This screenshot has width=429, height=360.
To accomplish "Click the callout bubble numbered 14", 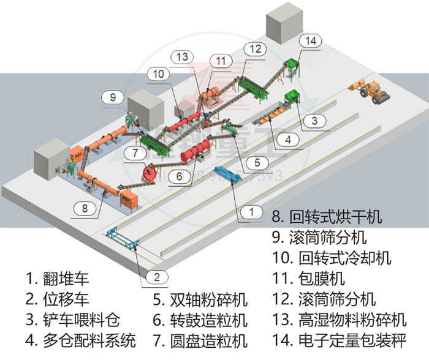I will pos(311,41).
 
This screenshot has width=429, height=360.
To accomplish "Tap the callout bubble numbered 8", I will pos(85,209).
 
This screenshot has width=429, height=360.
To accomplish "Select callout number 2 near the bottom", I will pos(157,277).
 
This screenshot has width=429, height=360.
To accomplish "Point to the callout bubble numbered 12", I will pos(255,48).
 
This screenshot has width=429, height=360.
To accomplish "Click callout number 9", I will pos(112,97).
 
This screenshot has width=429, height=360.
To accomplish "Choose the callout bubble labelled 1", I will pos(250,212).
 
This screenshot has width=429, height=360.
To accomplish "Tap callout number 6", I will pos(178,176).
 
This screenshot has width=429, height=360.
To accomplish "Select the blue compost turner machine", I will pos(227,174).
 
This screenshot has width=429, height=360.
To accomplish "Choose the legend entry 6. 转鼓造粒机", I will pos(200,320).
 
